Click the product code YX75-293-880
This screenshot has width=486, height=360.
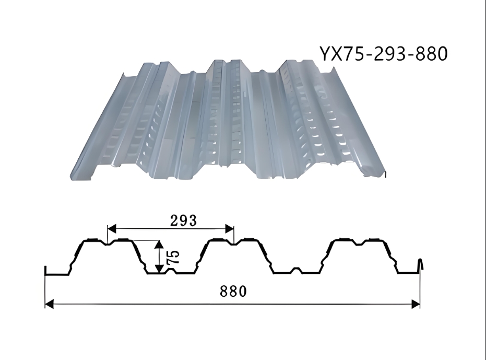(384, 53)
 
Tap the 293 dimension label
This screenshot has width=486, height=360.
(184, 220)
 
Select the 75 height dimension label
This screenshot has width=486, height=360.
(173, 257)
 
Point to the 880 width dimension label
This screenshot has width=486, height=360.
(233, 291)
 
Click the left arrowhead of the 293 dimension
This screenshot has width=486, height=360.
(112, 229)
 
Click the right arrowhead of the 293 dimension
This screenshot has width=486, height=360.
(229, 229)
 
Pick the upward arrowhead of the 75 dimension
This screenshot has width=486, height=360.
(159, 245)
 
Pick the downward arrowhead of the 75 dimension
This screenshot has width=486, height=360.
(159, 269)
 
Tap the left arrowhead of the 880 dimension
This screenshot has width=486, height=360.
(49, 304)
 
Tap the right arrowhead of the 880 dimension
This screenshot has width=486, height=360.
(416, 304)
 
